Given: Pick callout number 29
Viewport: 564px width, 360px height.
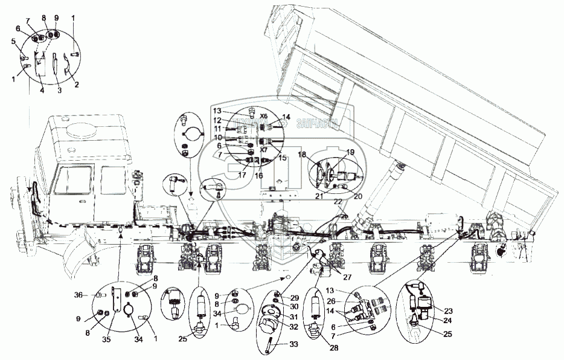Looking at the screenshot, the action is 295,298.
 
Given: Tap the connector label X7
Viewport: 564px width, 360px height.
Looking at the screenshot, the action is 264,149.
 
